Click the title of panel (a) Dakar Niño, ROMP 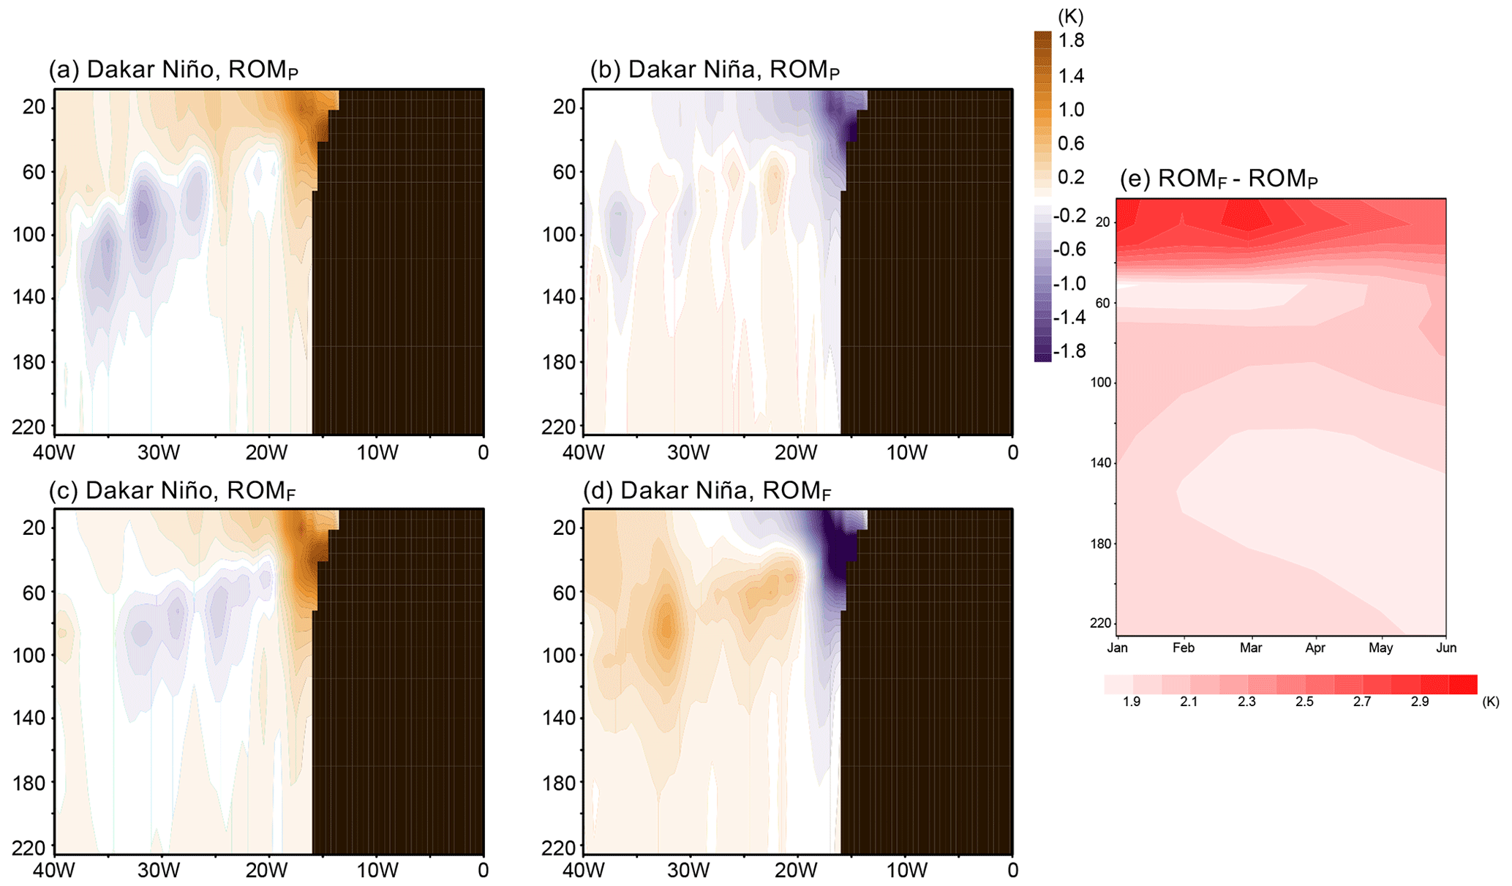pos(173,70)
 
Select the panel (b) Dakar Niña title pos(715,70)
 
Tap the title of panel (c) pos(172,490)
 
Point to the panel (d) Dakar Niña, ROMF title pos(707,490)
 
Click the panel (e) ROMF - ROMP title pos(1219,179)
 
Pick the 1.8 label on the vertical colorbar pos(1071,40)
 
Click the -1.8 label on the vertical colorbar pos(1069,351)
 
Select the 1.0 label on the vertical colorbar pos(1071,110)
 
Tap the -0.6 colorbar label pos(1069,249)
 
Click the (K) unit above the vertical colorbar pos(1070,16)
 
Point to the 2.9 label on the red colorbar pos(1419,702)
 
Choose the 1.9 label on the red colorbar pos(1131,702)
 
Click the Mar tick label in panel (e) pos(1250,648)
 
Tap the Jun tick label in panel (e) pos(1445,648)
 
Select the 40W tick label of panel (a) pos(53,452)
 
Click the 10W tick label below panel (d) pos(906,870)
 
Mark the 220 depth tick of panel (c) pos(29,848)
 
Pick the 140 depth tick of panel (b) pos(559,297)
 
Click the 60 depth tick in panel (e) pos(1102,303)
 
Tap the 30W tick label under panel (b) pos(688,452)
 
